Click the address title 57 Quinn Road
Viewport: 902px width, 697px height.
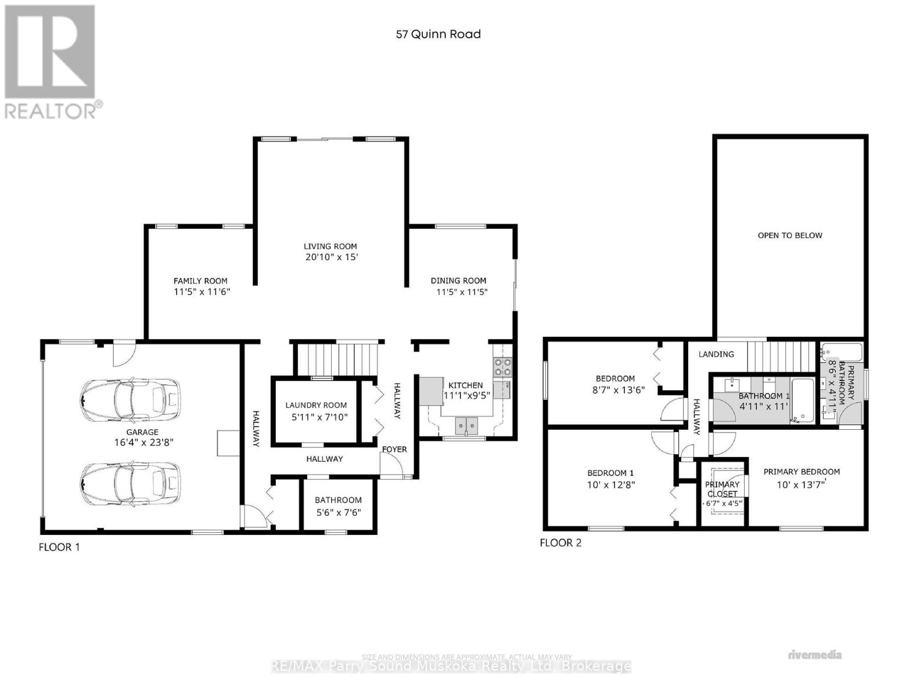[x=438, y=34]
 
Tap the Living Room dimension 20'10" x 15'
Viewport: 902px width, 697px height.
[x=331, y=257]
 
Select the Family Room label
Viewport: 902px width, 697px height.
[x=200, y=281]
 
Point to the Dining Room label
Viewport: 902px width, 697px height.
[x=458, y=281]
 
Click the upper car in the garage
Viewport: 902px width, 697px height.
[x=130, y=398]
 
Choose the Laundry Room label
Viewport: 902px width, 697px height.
[x=316, y=405]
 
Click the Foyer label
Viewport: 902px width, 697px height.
[x=394, y=450]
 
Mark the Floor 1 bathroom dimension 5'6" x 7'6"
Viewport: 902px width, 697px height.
[x=338, y=513]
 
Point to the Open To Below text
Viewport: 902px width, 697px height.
[x=790, y=236]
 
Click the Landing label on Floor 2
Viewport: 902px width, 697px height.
[x=716, y=354]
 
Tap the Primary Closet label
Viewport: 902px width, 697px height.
[x=723, y=489]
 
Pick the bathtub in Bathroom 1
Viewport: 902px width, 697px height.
[x=803, y=400]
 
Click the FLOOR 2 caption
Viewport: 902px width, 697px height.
[x=560, y=543]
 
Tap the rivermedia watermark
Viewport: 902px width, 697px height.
[x=815, y=655]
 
